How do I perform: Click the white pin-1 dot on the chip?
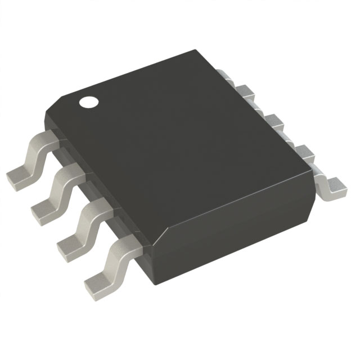point(88,102)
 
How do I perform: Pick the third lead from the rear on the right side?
point(274,120)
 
